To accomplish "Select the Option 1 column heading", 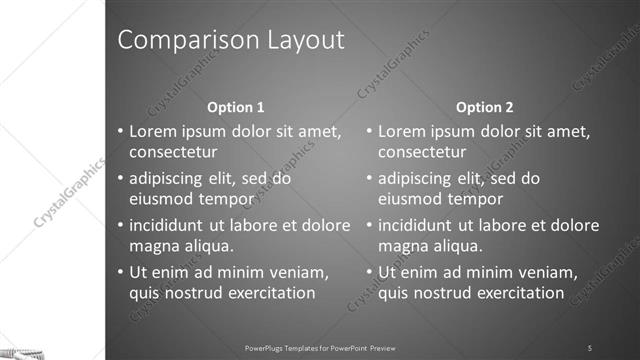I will (x=236, y=107).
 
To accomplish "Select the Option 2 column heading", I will (x=485, y=107).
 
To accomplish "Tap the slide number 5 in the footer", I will (x=590, y=347).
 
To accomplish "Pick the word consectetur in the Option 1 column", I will (x=173, y=152).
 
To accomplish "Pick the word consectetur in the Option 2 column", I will (x=422, y=152).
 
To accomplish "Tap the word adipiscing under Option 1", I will (x=170, y=179).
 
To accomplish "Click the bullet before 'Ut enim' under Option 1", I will (x=120, y=272).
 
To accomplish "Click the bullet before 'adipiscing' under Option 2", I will (x=369, y=179).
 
